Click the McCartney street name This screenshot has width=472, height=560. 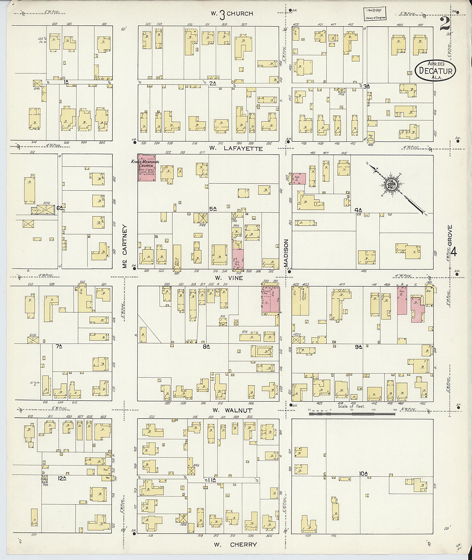125,246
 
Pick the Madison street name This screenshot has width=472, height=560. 286,253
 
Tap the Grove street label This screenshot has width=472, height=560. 450,235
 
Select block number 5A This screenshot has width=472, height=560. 213,208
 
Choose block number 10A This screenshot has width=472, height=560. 364,474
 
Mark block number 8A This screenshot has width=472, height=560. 206,347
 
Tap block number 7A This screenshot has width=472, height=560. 59,346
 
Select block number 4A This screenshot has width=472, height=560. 358,210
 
